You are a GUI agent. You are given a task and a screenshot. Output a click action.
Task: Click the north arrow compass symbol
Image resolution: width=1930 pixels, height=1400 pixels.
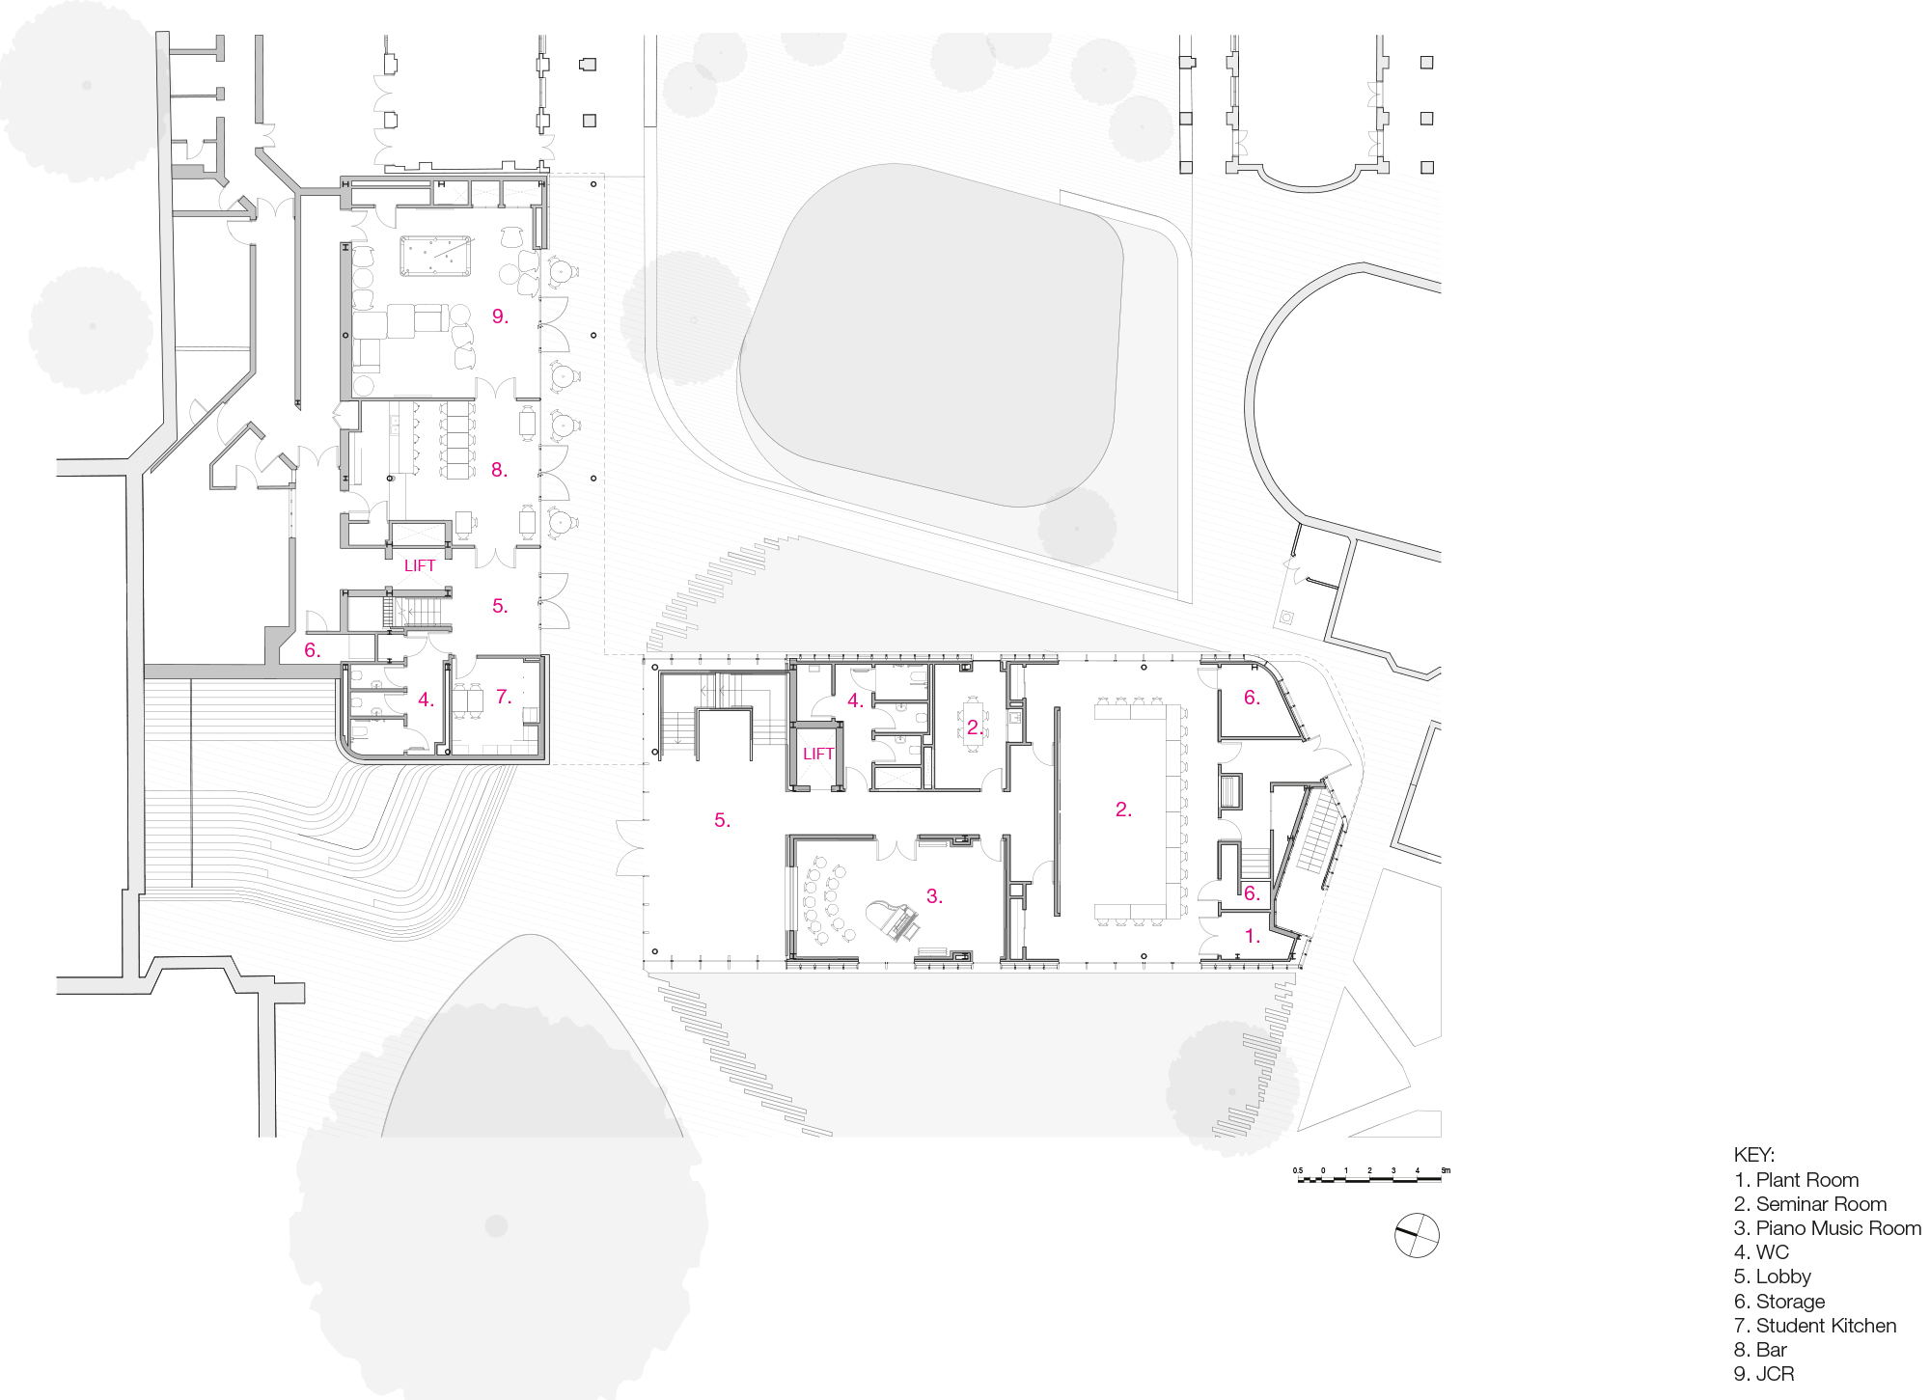(1417, 1236)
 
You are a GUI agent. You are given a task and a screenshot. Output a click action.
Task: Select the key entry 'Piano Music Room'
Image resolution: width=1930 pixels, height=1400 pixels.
(1827, 1228)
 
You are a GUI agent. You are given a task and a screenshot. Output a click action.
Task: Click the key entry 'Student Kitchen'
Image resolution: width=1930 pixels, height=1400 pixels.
(1814, 1326)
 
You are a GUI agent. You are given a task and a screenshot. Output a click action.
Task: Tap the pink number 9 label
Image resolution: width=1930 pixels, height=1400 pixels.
(499, 316)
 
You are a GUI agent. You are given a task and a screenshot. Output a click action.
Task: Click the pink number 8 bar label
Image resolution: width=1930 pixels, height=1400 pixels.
(498, 470)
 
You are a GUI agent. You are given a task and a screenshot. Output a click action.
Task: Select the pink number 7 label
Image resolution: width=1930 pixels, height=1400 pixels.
(503, 697)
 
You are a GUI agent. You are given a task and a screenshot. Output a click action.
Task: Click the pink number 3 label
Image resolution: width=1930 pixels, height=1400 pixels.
(933, 896)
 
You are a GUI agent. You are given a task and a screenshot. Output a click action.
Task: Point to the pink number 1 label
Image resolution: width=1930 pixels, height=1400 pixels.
(1252, 936)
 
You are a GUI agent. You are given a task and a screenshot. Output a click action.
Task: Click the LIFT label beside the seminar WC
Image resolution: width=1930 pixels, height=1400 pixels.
(817, 754)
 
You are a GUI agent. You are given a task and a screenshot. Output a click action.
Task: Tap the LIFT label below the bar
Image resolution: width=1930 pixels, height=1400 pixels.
(419, 565)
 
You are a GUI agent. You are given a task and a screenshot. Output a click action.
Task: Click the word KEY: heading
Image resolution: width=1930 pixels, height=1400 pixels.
(1753, 1155)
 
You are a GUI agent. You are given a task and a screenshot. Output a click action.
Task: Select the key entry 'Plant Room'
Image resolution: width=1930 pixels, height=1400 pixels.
(1796, 1180)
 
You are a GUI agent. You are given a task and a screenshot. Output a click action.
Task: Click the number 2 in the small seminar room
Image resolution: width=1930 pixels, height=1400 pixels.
(975, 727)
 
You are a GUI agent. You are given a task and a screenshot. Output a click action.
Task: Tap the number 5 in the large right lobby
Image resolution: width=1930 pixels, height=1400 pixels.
(722, 820)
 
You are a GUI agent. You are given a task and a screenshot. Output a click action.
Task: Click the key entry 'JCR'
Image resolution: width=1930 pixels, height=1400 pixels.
(1763, 1374)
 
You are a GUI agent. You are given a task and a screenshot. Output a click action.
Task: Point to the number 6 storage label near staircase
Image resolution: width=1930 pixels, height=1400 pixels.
(1251, 893)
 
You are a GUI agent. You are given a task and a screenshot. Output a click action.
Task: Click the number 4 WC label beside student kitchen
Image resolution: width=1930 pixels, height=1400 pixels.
(426, 700)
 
